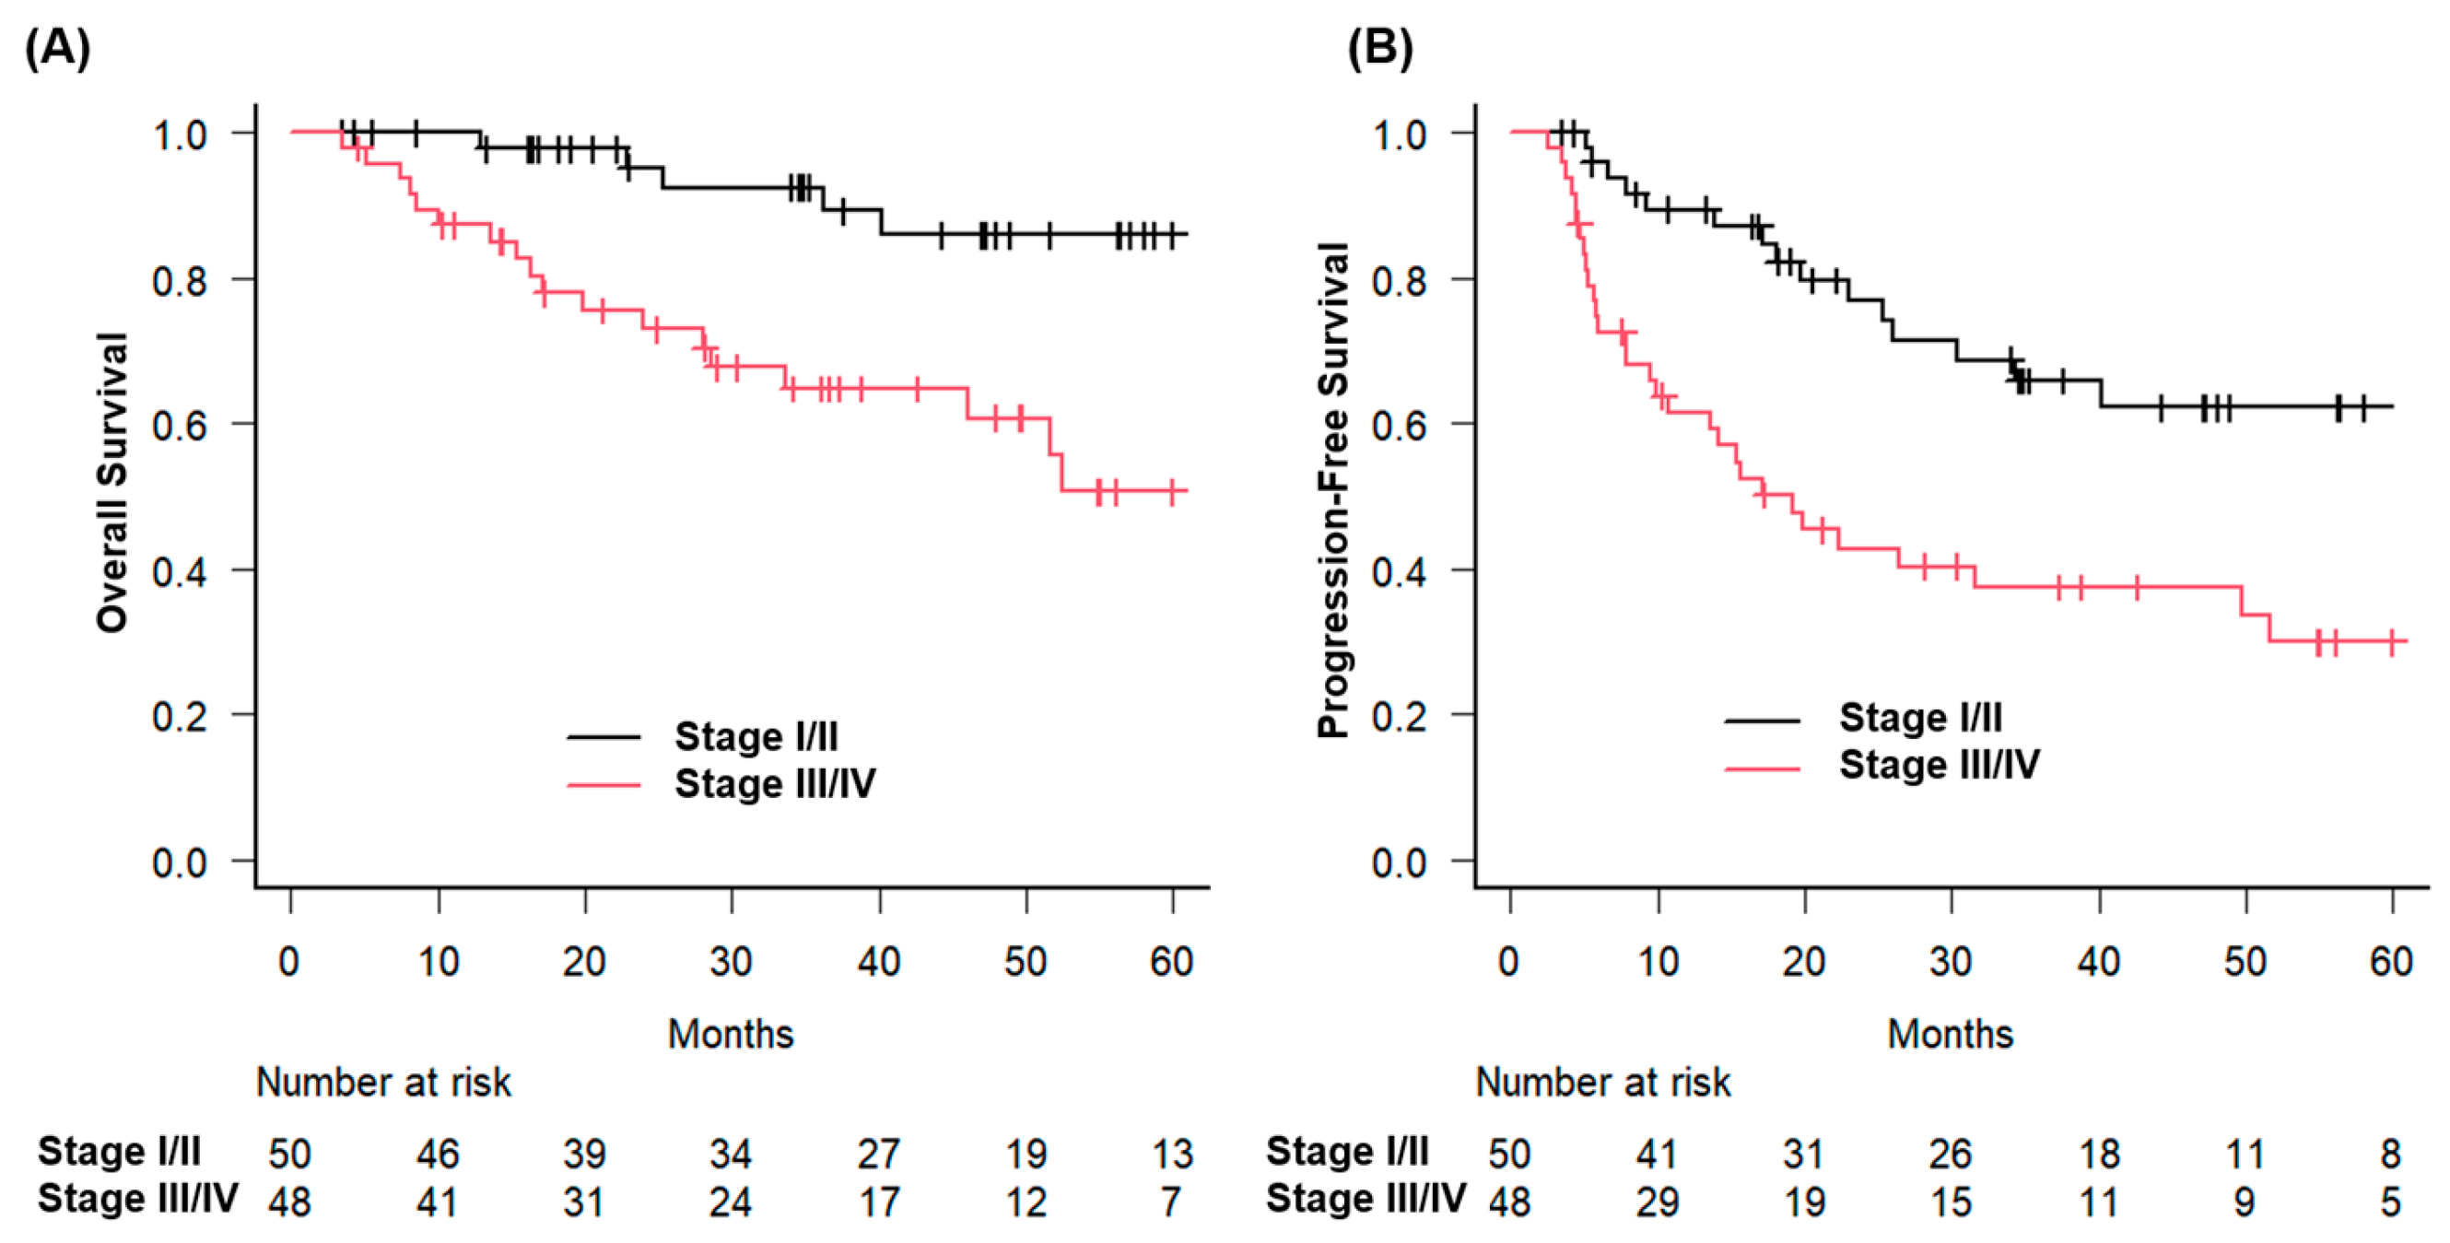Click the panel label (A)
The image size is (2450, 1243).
pyautogui.click(x=57, y=48)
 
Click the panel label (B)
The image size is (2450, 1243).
pyautogui.click(x=1379, y=48)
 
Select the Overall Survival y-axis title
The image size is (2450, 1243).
pyautogui.click(x=112, y=482)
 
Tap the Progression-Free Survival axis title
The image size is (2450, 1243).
pyautogui.click(x=1332, y=490)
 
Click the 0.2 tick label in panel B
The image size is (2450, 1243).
pyautogui.click(x=1398, y=716)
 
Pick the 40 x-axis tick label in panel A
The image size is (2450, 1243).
pyautogui.click(x=878, y=963)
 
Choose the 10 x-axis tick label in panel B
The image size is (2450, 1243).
pyautogui.click(x=1658, y=963)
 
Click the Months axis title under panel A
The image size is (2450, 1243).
pyautogui.click(x=731, y=1034)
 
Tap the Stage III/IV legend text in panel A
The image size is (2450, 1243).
pyautogui.click(x=775, y=783)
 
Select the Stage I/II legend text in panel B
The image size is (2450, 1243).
pyautogui.click(x=1920, y=717)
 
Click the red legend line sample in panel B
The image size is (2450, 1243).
pyautogui.click(x=1762, y=768)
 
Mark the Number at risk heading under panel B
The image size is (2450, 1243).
pyautogui.click(x=1602, y=1083)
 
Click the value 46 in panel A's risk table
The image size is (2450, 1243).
pyautogui.click(x=438, y=1154)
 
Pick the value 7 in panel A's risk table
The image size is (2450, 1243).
pyautogui.click(x=1171, y=1202)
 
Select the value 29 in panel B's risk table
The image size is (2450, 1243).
pyautogui.click(x=1657, y=1202)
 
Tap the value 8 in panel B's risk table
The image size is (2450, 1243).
pyautogui.click(x=2390, y=1154)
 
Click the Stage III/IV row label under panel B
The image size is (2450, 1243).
pyautogui.click(x=1366, y=1198)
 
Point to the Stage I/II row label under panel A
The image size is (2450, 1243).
pyautogui.click(x=119, y=1151)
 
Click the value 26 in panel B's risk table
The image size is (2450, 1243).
pyautogui.click(x=1950, y=1154)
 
